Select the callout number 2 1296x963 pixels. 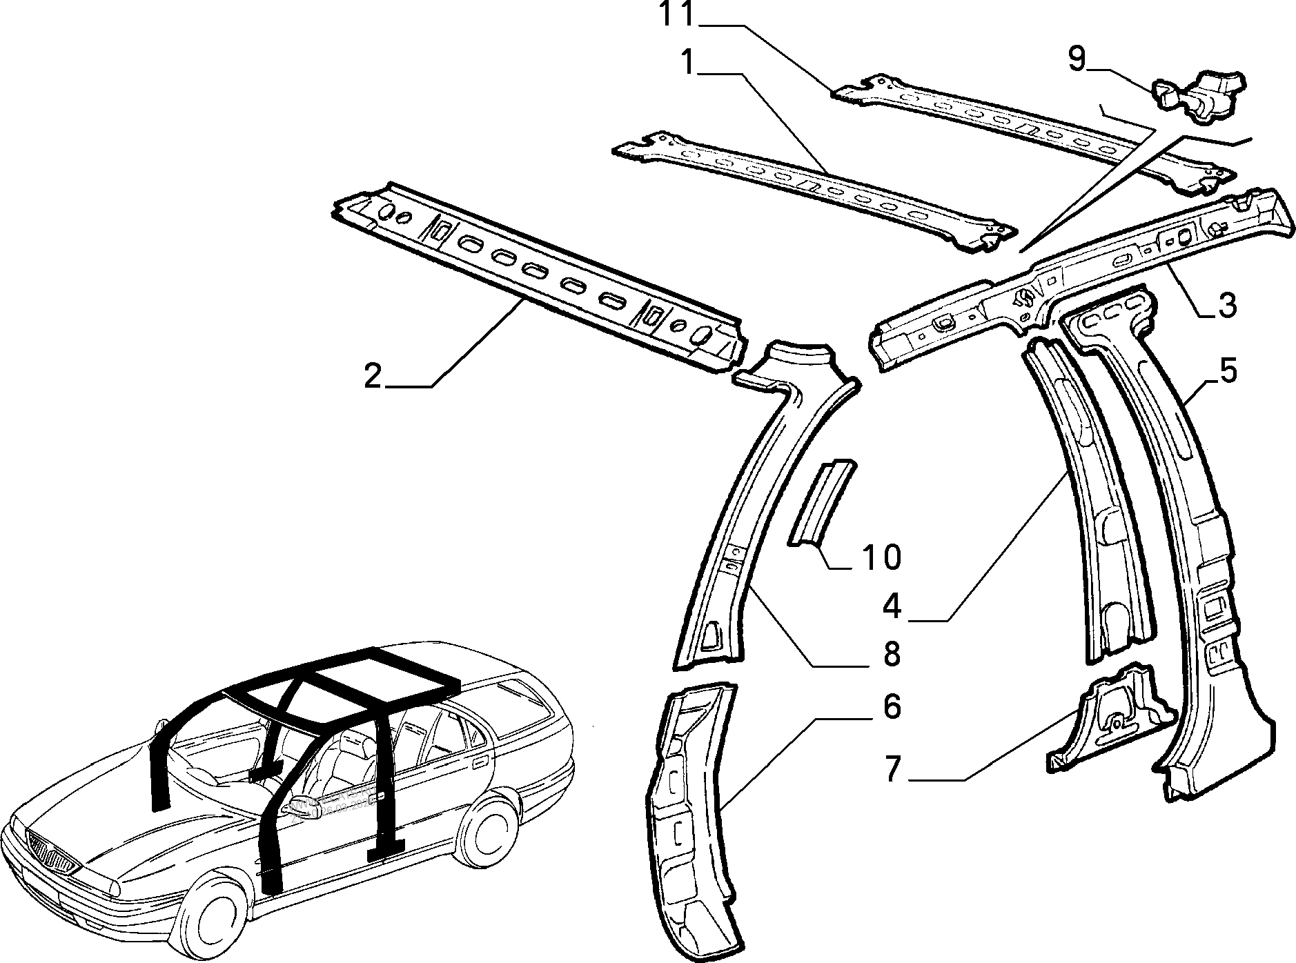(373, 377)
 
